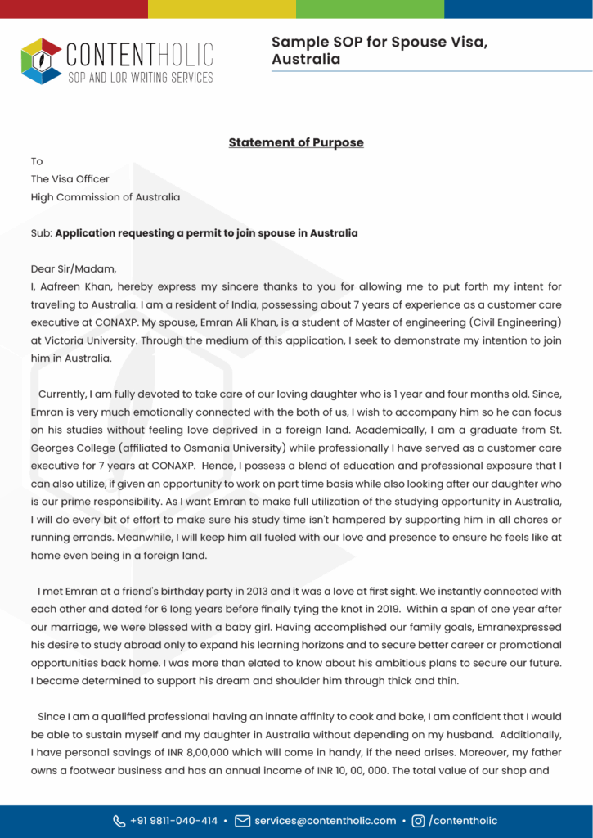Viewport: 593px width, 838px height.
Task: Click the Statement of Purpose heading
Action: click(x=296, y=142)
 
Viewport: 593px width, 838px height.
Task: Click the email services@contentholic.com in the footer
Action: click(x=325, y=821)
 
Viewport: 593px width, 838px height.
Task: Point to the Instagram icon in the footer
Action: click(x=418, y=821)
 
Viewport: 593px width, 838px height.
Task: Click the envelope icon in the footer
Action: click(x=242, y=821)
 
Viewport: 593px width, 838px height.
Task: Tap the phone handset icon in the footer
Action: click(x=119, y=821)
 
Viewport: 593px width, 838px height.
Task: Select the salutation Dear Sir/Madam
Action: click(x=74, y=268)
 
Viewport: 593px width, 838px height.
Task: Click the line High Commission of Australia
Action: click(x=106, y=197)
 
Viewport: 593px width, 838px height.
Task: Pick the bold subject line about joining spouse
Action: click(x=206, y=233)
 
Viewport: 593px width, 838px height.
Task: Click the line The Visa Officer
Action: click(x=70, y=179)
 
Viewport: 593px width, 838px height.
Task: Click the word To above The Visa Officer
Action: click(x=37, y=161)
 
